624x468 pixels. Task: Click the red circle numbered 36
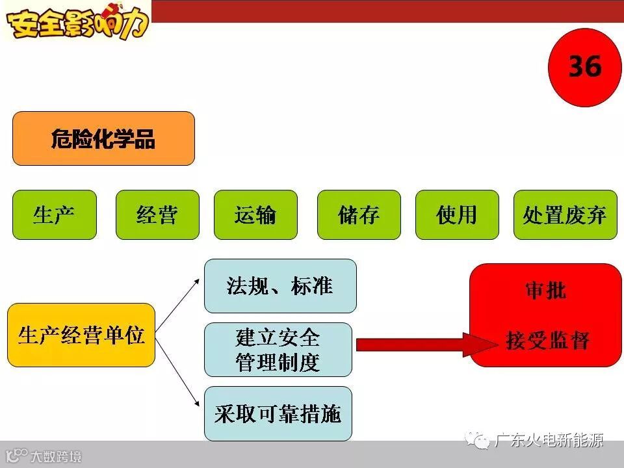coord(585,68)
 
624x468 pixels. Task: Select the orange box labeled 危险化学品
coord(103,138)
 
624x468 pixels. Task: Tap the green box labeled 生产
coord(55,214)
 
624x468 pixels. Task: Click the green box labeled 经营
coord(157,214)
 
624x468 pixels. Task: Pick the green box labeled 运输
coord(255,214)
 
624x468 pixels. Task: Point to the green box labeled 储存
coord(359,214)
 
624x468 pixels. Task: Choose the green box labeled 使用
coord(457,214)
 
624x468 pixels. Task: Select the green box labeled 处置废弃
coord(565,214)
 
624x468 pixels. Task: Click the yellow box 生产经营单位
coord(81,335)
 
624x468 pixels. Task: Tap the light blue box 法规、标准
coord(280,286)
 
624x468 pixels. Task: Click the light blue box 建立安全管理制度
coord(278,350)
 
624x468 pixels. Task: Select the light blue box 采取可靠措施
coord(278,414)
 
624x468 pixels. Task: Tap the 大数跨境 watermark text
coord(56,456)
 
